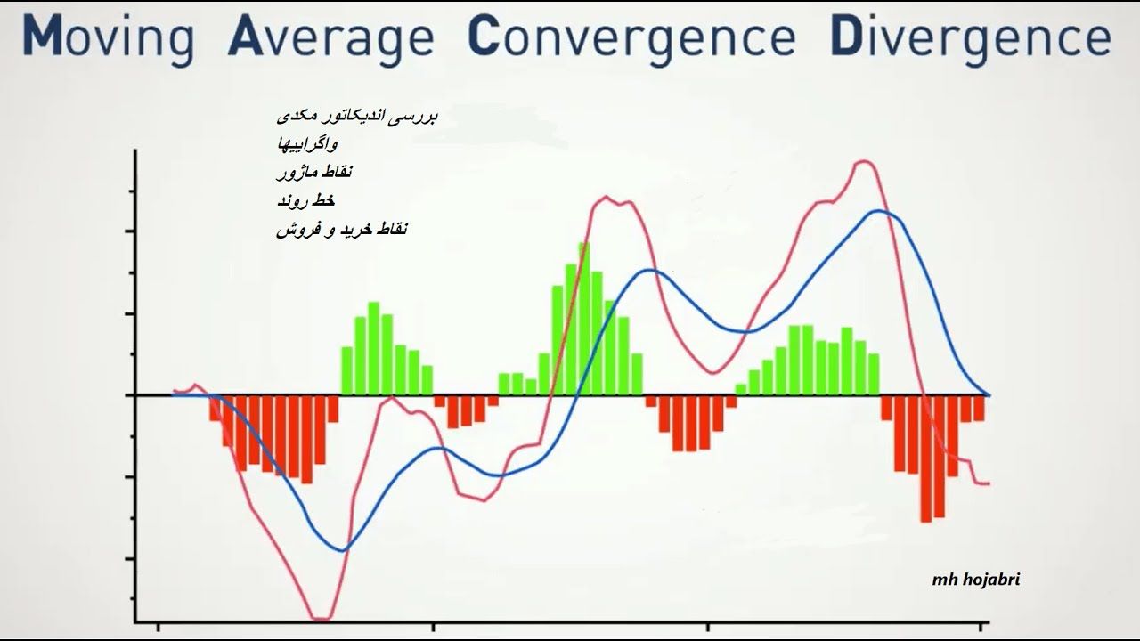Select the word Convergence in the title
pyautogui.click(x=631, y=36)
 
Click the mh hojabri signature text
pyautogui.click(x=975, y=580)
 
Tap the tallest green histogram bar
pyautogui.click(x=583, y=319)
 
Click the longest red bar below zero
pyautogui.click(x=926, y=458)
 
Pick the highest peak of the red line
pyautogui.click(x=864, y=162)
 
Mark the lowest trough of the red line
pyautogui.click(x=321, y=619)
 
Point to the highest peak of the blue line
pyautogui.click(x=878, y=211)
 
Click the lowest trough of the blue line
pyautogui.click(x=344, y=550)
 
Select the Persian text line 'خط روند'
pyautogui.click(x=305, y=200)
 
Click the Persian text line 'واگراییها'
pyautogui.click(x=307, y=144)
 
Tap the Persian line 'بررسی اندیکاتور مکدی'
pyautogui.click(x=357, y=116)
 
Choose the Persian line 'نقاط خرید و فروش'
pyautogui.click(x=342, y=230)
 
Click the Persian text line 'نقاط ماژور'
pyautogui.click(x=314, y=172)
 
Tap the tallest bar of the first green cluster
pyautogui.click(x=373, y=348)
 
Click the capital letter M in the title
pyautogui.click(x=42, y=35)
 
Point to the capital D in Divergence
pyautogui.click(x=846, y=35)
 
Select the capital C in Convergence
pyautogui.click(x=484, y=35)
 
